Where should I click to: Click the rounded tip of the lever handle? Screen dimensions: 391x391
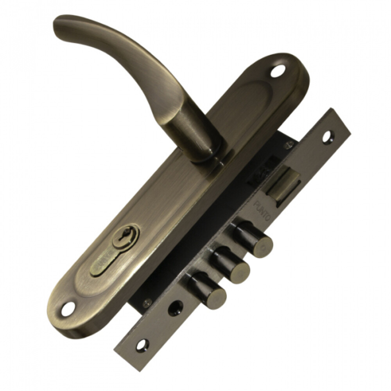tap(63, 29)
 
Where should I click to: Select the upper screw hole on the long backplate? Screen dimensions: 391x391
tap(279, 72)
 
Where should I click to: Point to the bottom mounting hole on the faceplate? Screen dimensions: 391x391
tap(142, 345)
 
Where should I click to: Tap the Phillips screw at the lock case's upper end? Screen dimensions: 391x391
tap(289, 145)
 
